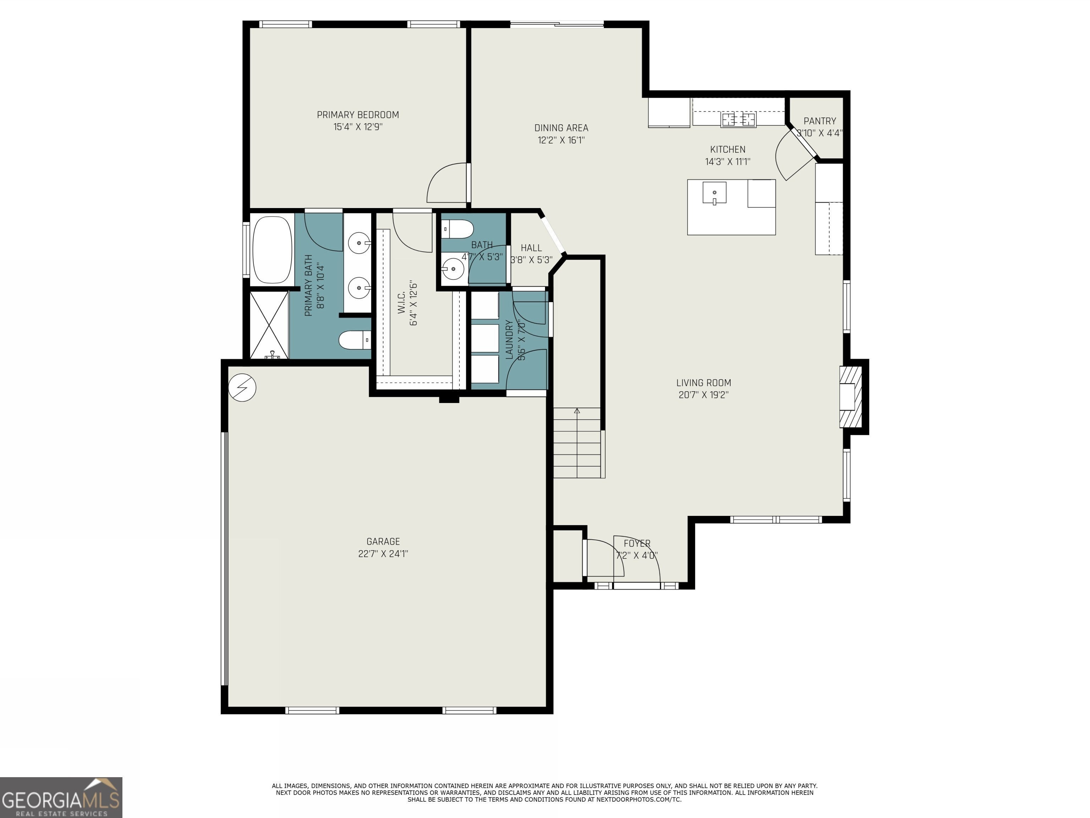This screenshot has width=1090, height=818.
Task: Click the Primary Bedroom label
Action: pyautogui.click(x=358, y=115)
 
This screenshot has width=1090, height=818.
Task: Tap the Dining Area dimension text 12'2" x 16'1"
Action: pyautogui.click(x=561, y=140)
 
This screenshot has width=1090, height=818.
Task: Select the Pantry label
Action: pyautogui.click(x=820, y=121)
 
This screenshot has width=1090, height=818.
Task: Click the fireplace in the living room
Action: pyautogui.click(x=851, y=397)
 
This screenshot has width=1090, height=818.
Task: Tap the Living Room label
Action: pyautogui.click(x=704, y=383)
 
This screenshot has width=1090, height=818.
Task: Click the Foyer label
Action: pyautogui.click(x=637, y=543)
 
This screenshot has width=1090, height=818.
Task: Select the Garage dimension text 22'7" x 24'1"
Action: pyautogui.click(x=383, y=554)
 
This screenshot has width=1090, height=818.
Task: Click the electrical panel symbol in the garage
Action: pyautogui.click(x=242, y=388)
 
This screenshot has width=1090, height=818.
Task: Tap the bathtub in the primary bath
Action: pyautogui.click(x=272, y=250)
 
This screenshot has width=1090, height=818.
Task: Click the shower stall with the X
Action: pyautogui.click(x=269, y=325)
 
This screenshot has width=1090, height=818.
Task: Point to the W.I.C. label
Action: pyautogui.click(x=401, y=302)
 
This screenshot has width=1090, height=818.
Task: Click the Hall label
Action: pyautogui.click(x=531, y=248)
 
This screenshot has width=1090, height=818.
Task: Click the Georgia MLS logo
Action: pyautogui.click(x=61, y=797)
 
